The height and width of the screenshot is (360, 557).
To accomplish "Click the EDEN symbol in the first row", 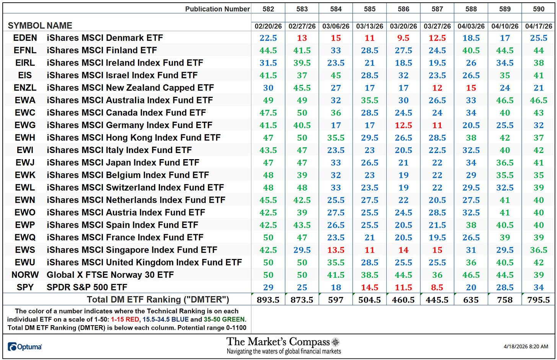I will pyautogui.click(x=25, y=38).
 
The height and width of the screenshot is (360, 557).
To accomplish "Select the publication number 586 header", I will pyautogui.click(x=403, y=9).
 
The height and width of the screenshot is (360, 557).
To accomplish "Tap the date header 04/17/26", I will pyautogui.click(x=538, y=26).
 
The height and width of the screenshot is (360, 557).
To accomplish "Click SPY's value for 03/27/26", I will pyautogui.click(x=437, y=287).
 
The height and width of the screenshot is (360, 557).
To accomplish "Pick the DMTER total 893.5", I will pyautogui.click(x=268, y=300).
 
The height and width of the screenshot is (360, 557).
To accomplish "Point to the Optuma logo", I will pyautogui.click(x=25, y=347).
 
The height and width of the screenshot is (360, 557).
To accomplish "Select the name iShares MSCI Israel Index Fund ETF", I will pyautogui.click(x=122, y=75).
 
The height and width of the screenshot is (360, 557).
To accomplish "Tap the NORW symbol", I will pyautogui.click(x=25, y=275).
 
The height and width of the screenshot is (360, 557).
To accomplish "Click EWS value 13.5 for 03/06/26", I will pyautogui.click(x=336, y=250).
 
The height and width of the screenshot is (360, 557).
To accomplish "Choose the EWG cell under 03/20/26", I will pyautogui.click(x=403, y=125).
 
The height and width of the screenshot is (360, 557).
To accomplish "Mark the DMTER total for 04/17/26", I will pyautogui.click(x=538, y=300).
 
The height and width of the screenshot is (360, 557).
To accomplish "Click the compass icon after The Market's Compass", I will pyautogui.click(x=336, y=342).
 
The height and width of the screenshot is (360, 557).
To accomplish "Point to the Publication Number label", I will pyautogui.click(x=217, y=9).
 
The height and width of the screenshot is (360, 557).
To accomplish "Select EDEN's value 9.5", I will pyautogui.click(x=403, y=38).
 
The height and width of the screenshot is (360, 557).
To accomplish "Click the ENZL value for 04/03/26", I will pyautogui.click(x=471, y=88).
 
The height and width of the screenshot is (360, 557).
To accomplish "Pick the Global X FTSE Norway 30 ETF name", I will pyautogui.click(x=110, y=275).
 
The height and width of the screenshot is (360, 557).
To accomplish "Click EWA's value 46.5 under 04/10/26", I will pyautogui.click(x=505, y=100).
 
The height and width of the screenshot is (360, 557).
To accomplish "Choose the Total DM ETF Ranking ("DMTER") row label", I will pyautogui.click(x=158, y=300).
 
